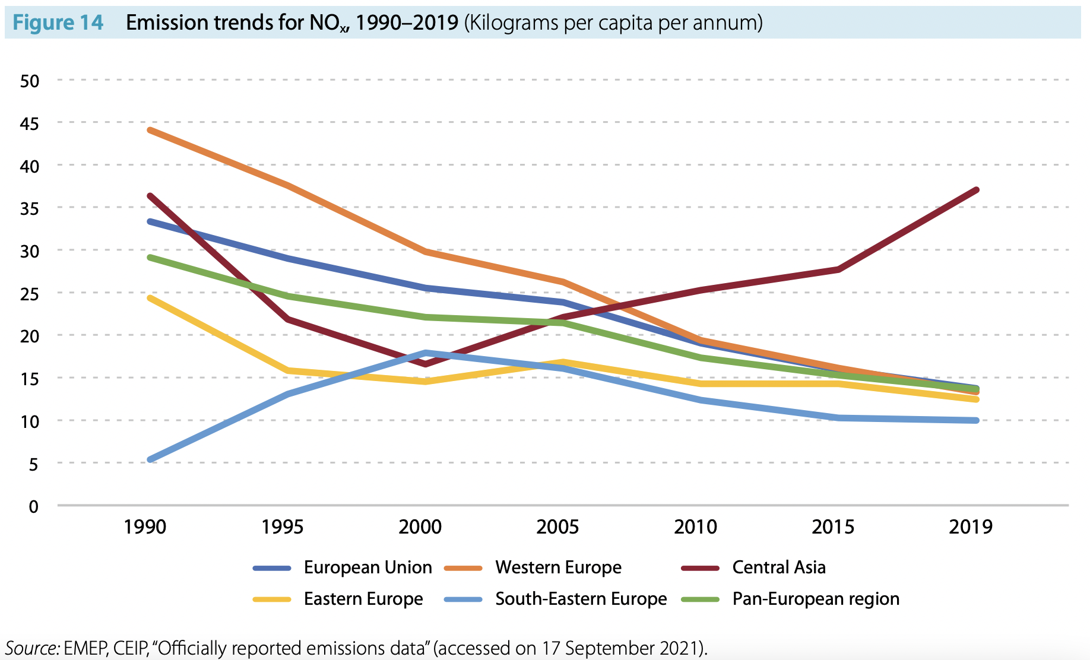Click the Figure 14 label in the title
point(58,23)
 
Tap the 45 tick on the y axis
point(29,123)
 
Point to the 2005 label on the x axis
point(557,526)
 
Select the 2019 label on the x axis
point(970,526)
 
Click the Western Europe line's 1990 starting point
point(150,129)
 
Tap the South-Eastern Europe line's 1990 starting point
point(150,459)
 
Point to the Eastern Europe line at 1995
point(289,371)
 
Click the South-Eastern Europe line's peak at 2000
point(426,353)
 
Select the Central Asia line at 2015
point(838,269)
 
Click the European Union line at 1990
point(150,221)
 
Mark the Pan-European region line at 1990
point(150,257)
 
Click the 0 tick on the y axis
point(34,506)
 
